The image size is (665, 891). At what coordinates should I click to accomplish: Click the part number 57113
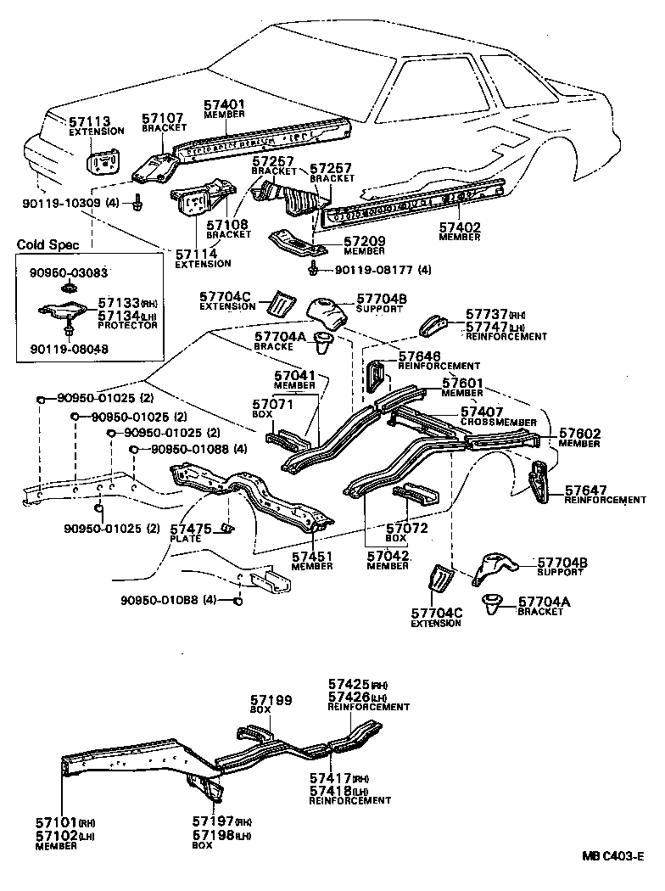(85, 120)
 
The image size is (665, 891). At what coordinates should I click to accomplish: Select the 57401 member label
(224, 105)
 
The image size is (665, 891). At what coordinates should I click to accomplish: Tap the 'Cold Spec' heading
(47, 245)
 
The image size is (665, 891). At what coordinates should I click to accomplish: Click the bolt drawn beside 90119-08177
(315, 270)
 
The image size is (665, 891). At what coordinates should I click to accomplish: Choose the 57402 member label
(460, 227)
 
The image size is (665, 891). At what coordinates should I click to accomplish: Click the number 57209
(364, 242)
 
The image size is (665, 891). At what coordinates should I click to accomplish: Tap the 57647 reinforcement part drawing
(536, 484)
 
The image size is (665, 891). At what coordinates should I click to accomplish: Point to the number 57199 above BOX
(271, 700)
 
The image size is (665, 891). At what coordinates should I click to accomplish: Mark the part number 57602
(579, 434)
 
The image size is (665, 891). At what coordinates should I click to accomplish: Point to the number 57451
(313, 557)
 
